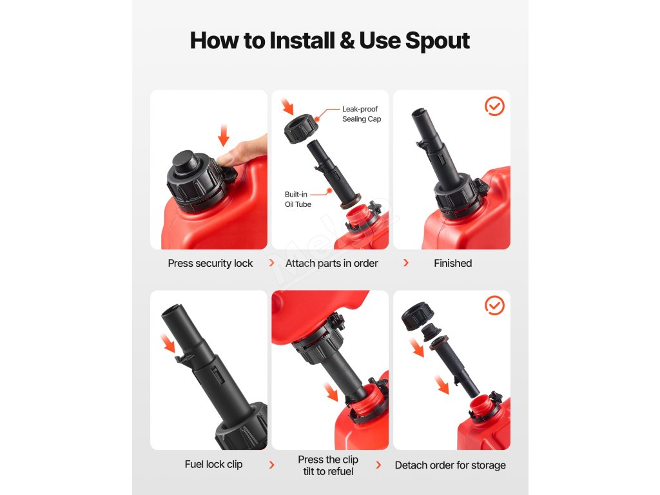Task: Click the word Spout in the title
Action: pos(438,41)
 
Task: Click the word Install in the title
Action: pos(302,41)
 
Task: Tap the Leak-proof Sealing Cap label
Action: pos(361,114)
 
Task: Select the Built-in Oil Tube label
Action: pos(298,200)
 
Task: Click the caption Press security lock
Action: pos(210,264)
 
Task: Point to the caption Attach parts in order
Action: pos(332,264)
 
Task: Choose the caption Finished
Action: pos(452,263)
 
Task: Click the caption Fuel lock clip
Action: pos(213,464)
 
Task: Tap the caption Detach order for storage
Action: pos(450,465)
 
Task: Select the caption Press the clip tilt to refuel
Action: pos(328,465)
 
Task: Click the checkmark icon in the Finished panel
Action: pos(494,106)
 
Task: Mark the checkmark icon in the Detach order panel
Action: pos(494,305)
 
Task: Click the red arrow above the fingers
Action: pos(224,135)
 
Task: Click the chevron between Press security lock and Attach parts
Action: pos(271,263)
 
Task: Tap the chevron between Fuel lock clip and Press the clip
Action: pos(271,465)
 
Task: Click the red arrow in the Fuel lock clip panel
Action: pos(168,343)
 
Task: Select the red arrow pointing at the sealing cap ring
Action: pos(287,106)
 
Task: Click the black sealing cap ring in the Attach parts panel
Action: pos(300,129)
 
